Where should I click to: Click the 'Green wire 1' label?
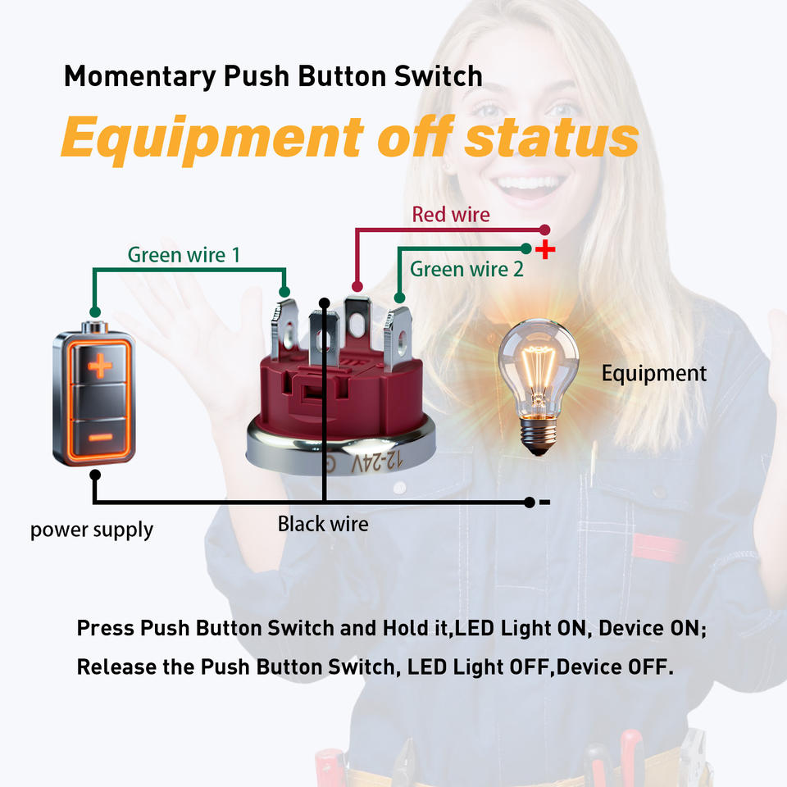point(184,255)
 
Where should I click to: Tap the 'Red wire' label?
point(451,215)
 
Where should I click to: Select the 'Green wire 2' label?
point(466,270)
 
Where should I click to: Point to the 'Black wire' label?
point(323,524)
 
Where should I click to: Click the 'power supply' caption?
point(92,530)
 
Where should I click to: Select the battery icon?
point(93,393)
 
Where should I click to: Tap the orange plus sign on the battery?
point(100,366)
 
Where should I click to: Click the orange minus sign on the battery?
point(100,438)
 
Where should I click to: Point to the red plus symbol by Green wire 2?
point(545,249)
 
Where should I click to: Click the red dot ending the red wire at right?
point(544,230)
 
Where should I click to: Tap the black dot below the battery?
point(95,475)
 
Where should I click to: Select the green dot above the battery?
point(95,312)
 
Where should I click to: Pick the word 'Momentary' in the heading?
point(140,77)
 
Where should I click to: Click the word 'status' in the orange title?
point(551,137)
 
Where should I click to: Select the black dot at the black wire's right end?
point(529,503)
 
